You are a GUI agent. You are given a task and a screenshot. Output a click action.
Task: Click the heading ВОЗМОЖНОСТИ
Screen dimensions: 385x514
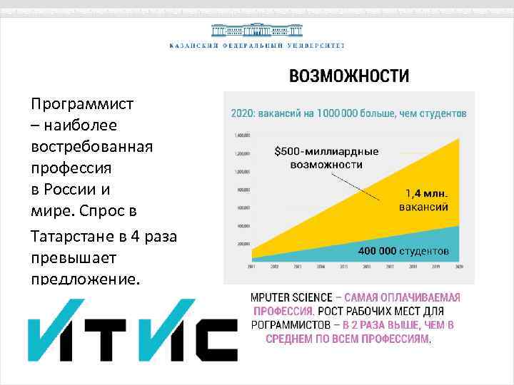coord(349,76)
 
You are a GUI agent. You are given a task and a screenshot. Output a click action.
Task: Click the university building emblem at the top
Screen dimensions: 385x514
coord(256,31)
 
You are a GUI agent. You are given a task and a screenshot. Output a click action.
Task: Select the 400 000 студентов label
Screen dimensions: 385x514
coord(403,250)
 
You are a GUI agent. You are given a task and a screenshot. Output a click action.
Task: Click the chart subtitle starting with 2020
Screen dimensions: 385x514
coord(349,113)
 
